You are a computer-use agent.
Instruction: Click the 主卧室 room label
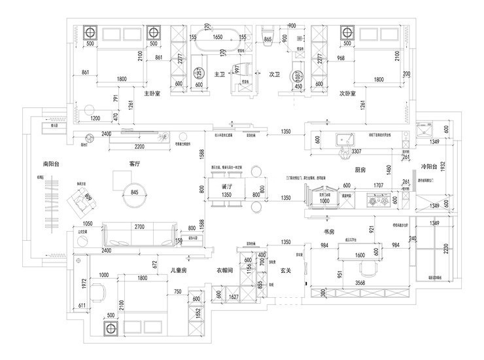click(143, 93)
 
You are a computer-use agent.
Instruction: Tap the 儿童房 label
click(178, 270)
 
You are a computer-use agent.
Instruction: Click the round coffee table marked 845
click(135, 192)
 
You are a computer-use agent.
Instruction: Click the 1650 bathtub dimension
click(218, 37)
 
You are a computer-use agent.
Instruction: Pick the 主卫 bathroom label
click(220, 75)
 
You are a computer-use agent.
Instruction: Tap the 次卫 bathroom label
click(275, 75)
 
